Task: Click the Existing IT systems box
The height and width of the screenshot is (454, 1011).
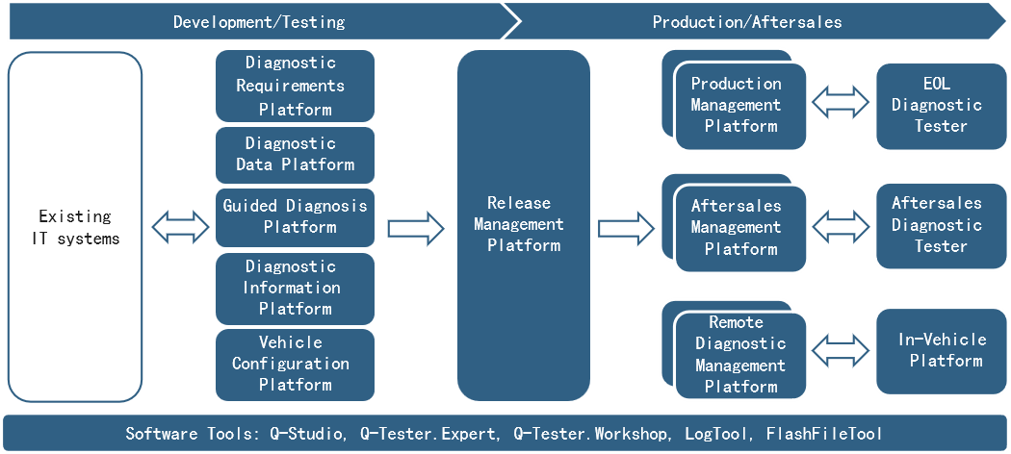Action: pos(75,227)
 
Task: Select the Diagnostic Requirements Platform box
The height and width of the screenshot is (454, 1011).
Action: pos(295,86)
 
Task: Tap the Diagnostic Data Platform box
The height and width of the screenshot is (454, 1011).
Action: pos(295,155)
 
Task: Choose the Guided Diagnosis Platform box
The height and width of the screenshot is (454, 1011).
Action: pos(295,217)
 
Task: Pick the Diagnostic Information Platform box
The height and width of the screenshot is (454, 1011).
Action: pos(295,288)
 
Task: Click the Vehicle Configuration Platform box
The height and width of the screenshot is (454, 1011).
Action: pos(295,365)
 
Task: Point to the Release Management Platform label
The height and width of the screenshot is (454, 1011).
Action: pos(524,224)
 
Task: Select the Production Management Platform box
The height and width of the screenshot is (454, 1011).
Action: pos(740,106)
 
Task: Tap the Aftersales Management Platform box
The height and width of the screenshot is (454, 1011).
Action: pos(740,228)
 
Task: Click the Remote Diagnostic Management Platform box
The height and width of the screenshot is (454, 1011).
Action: pos(740,355)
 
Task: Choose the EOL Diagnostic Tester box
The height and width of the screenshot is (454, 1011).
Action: pos(941,106)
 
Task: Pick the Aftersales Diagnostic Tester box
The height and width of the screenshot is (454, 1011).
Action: pos(941,225)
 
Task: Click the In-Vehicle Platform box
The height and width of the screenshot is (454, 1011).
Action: pos(941,351)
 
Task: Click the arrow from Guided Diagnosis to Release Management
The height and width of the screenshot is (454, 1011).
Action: pos(416,228)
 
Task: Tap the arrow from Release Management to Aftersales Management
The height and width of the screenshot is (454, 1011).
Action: pos(626,228)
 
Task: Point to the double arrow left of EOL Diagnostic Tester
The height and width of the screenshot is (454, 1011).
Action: pos(841,102)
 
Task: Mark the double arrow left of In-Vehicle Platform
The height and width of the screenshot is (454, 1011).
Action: pos(841,351)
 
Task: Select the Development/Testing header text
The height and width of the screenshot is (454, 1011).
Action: pos(259,22)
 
